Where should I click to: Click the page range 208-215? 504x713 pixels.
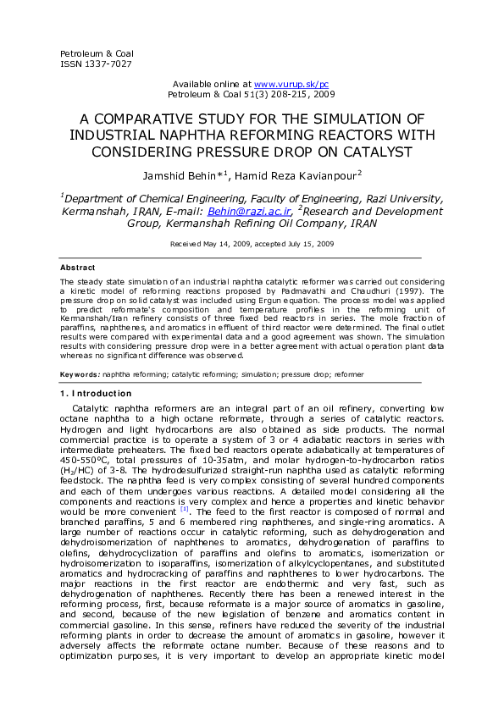(272, 96)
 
